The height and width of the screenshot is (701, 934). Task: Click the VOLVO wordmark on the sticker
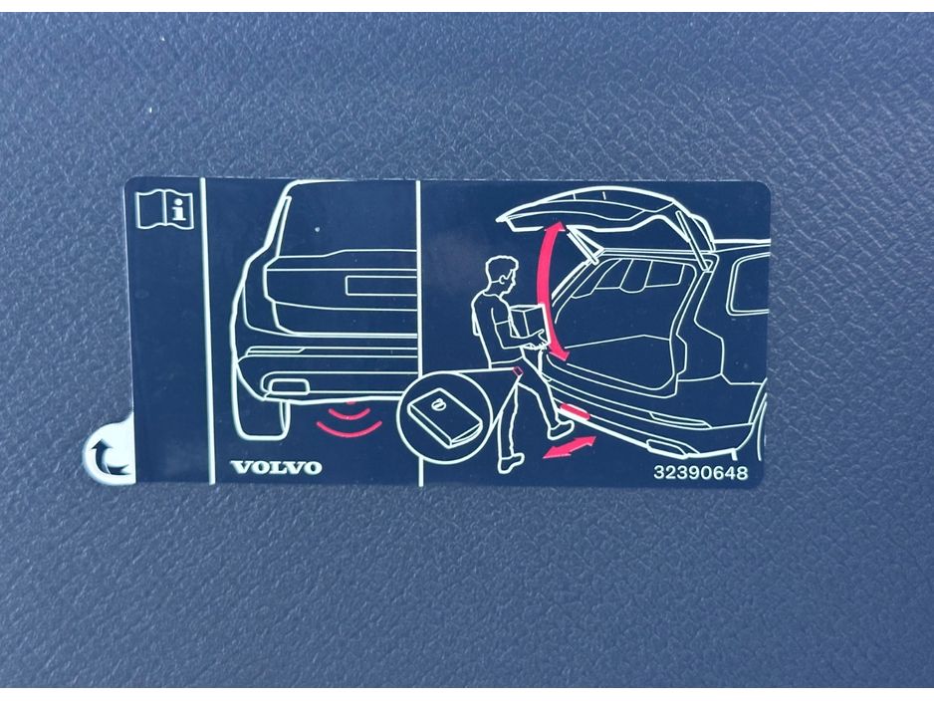pos(277,467)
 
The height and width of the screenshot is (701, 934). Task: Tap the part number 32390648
pos(701,472)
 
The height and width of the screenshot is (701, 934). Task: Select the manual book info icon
pos(165,209)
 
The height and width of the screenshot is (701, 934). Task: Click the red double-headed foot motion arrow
pos(570,447)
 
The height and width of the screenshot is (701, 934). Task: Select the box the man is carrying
pos(528,323)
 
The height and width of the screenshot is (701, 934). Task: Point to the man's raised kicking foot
pos(561,428)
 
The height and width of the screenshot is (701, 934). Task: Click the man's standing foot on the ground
pos(511,463)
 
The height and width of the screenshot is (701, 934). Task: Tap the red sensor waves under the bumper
pos(350,420)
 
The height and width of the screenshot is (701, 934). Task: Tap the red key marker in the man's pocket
pos(517,370)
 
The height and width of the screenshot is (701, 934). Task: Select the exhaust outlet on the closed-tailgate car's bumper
pos(289,387)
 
